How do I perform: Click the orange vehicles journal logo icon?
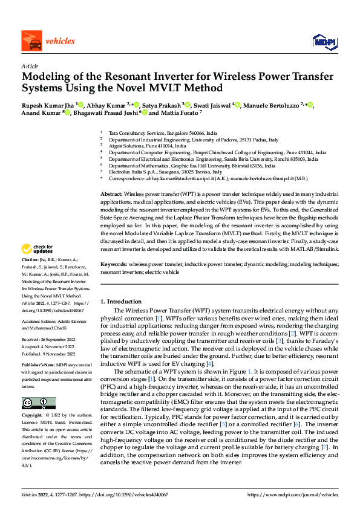[30, 41]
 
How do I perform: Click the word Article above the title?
[30, 66]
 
